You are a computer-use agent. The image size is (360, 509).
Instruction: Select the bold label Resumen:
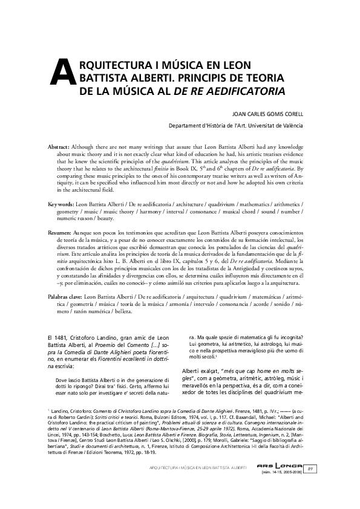click(x=61, y=232)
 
